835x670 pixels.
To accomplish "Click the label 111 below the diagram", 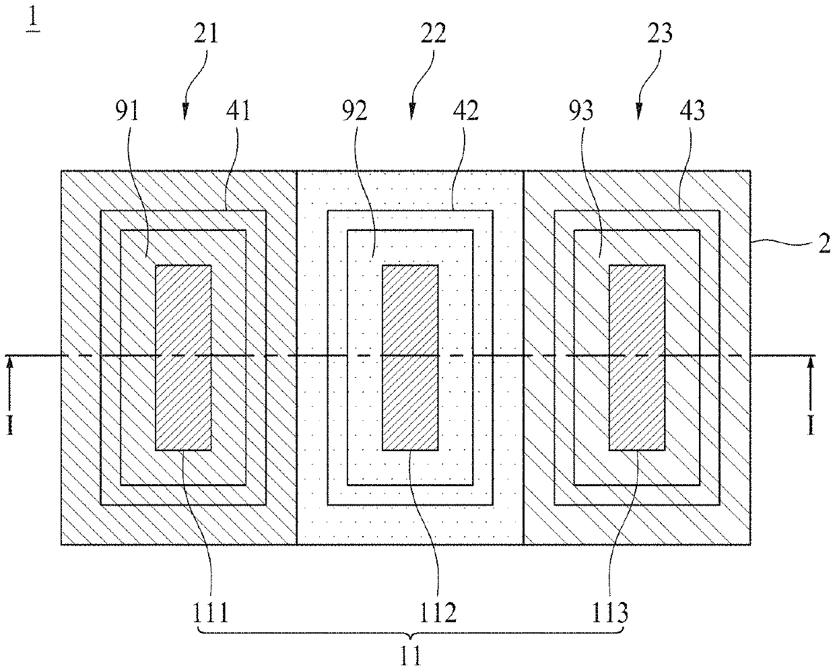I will click(211, 613).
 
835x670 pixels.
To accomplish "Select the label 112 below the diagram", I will click(438, 613).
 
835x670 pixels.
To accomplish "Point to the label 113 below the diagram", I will click(611, 613).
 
